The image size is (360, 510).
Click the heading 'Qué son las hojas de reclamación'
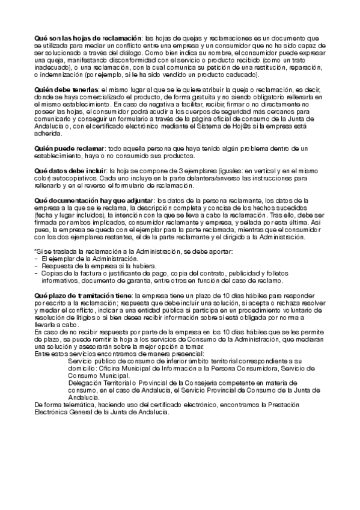click(x=88, y=38)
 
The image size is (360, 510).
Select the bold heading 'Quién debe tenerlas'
click(x=66, y=89)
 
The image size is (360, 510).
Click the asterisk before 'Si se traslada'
click(x=35, y=251)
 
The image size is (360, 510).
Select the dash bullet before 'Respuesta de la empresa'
click(x=36, y=266)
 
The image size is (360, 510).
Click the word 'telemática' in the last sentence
click(x=76, y=405)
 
